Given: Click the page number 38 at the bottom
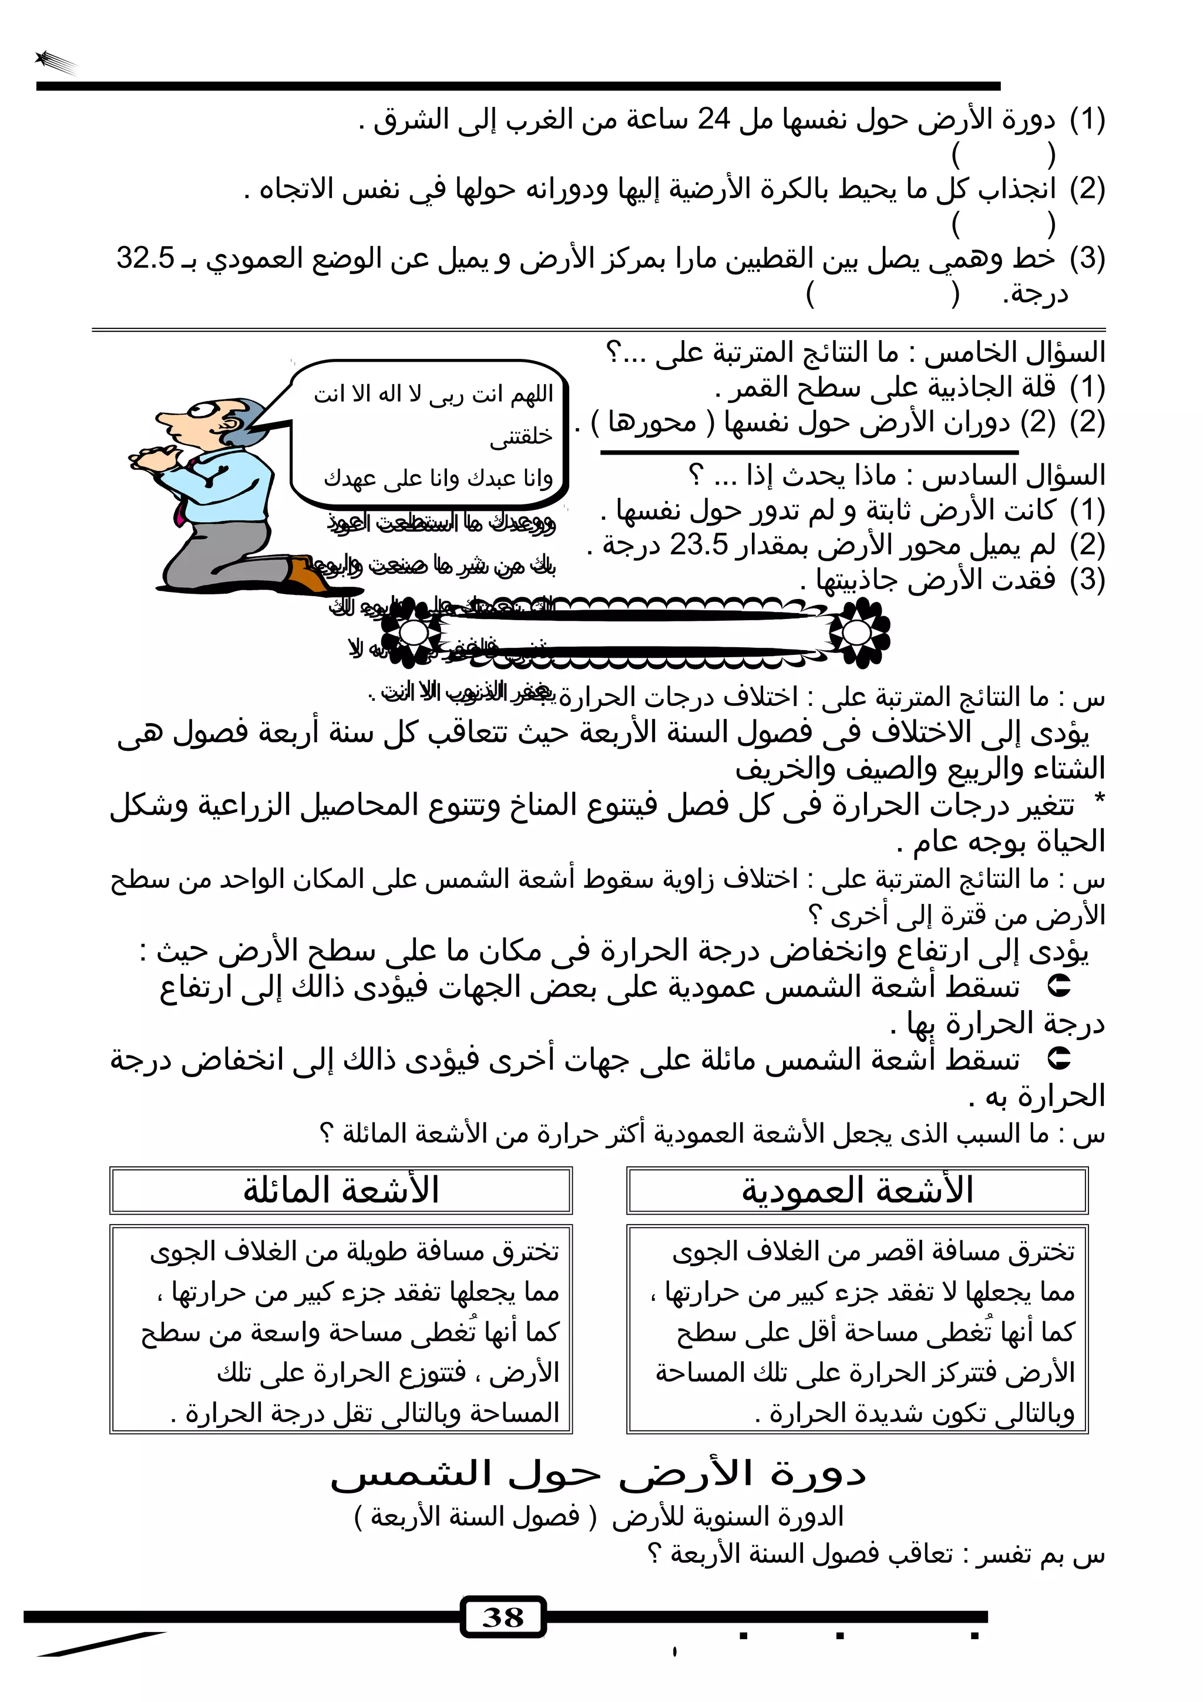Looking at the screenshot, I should [503, 1617].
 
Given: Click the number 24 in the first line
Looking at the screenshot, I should [714, 119].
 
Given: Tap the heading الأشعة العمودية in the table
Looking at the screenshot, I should [857, 1190].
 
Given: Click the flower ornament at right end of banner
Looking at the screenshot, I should [858, 633].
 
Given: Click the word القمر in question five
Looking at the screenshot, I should [755, 387].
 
